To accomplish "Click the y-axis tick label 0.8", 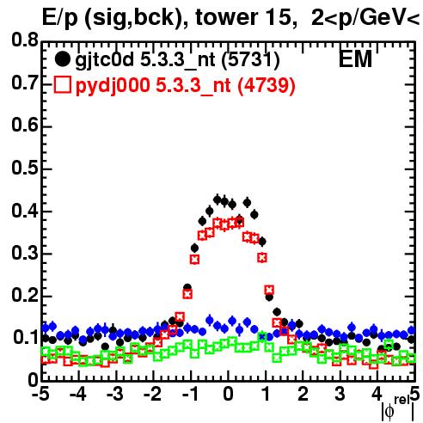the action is click(x=25, y=40).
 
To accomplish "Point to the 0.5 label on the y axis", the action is click(x=25, y=168).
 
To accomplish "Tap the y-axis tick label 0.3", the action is click(x=25, y=253).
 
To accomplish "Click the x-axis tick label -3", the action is click(x=115, y=394).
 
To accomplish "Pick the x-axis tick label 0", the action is click(x=228, y=394).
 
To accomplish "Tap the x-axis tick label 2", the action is click(x=303, y=394).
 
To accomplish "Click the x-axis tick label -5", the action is click(x=40, y=394).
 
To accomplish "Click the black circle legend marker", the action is click(x=62, y=59).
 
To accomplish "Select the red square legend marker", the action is click(x=62, y=85).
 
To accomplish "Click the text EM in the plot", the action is click(x=355, y=58).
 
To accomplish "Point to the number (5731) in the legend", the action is click(x=251, y=60).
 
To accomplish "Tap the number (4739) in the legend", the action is click(x=267, y=86).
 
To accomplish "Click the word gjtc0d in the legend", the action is click(x=105, y=60).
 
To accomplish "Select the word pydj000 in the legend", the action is click(x=113, y=86).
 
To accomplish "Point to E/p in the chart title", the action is click(x=60, y=18).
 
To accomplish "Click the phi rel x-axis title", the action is click(x=398, y=408).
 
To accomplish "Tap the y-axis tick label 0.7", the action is click(x=25, y=83).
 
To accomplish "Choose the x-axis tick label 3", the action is click(x=340, y=394).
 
